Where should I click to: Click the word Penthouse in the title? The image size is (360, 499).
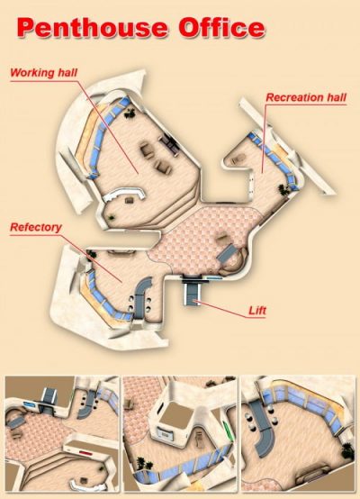(92, 28)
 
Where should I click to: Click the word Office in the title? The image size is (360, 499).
(221, 27)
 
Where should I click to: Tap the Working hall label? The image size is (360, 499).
(43, 73)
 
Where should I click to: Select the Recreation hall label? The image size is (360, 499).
(306, 97)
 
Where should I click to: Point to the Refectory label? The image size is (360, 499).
(36, 227)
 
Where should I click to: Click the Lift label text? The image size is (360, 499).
(257, 311)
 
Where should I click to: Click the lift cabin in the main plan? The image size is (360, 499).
(192, 294)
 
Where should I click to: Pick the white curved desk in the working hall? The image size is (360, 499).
(123, 194)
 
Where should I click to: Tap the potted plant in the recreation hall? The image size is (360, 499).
(283, 189)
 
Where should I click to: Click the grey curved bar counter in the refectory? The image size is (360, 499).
(141, 296)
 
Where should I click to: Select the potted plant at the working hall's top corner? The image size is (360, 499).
(130, 113)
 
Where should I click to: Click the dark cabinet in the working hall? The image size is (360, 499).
(170, 145)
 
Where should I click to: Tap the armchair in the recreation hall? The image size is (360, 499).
(238, 159)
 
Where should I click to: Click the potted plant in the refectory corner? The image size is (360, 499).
(91, 254)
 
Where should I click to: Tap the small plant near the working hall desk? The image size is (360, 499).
(111, 218)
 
